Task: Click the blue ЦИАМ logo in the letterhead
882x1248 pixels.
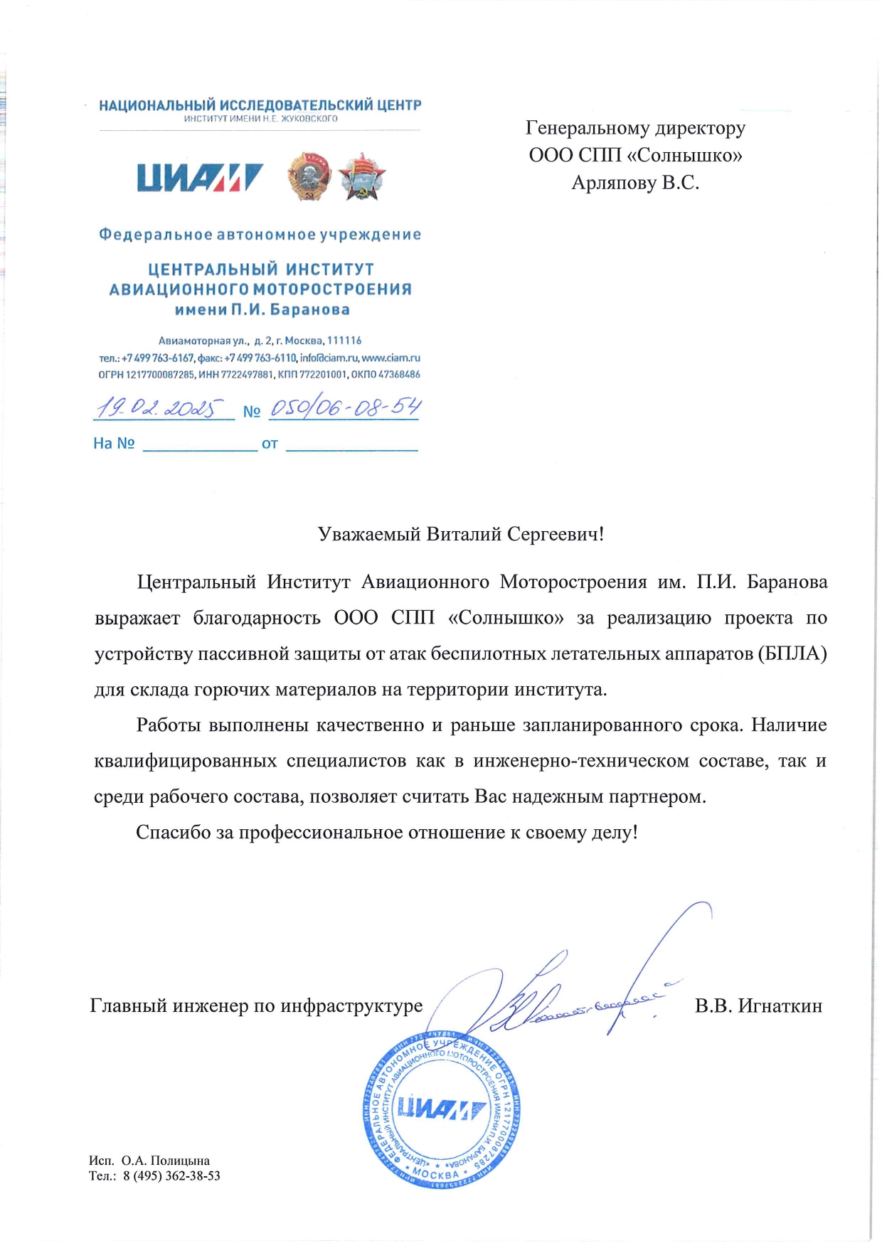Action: pyautogui.click(x=200, y=178)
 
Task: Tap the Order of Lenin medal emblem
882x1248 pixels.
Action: pyautogui.click(x=309, y=176)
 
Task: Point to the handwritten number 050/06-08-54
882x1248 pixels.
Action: pyautogui.click(x=345, y=407)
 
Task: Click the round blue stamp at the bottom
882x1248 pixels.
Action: pyautogui.click(x=441, y=1109)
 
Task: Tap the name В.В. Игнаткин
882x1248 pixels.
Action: pyautogui.click(x=758, y=1006)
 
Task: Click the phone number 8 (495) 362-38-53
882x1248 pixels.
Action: pyautogui.click(x=171, y=1176)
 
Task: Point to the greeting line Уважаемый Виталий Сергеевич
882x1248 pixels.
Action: pyautogui.click(x=461, y=534)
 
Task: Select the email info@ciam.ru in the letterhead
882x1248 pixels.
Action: pyautogui.click(x=329, y=358)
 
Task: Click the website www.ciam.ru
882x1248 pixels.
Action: pyautogui.click(x=391, y=358)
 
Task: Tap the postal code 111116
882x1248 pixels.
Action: pyautogui.click(x=344, y=341)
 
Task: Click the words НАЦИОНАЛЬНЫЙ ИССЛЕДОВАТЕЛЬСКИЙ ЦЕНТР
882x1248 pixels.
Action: pyautogui.click(x=260, y=105)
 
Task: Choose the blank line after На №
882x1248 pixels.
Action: pyautogui.click(x=200, y=445)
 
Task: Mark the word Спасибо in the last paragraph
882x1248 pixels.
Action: pyautogui.click(x=174, y=832)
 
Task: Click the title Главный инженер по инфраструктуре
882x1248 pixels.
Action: pyautogui.click(x=256, y=1006)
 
